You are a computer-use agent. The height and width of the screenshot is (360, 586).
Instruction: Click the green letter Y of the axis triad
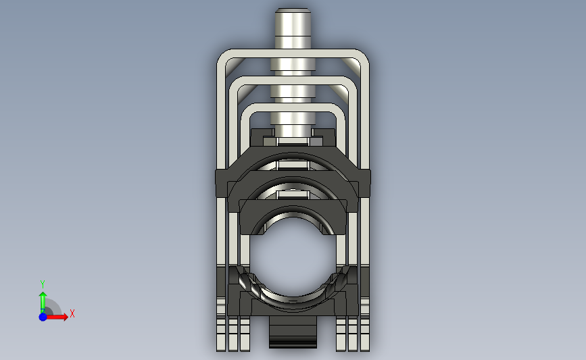click(x=42, y=284)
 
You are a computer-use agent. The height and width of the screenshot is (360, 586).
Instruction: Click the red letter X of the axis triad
click(x=72, y=313)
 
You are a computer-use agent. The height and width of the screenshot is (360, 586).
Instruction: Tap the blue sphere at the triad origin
click(x=43, y=317)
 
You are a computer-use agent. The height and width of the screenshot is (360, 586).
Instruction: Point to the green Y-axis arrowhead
click(x=43, y=296)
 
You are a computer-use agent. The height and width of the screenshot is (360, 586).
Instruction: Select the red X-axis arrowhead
click(x=64, y=317)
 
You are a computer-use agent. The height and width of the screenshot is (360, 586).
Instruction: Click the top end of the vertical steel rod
click(x=293, y=9)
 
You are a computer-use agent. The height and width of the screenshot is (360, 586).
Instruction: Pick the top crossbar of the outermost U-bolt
click(x=293, y=53)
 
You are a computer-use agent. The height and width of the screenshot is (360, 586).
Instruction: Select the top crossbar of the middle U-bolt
click(x=293, y=80)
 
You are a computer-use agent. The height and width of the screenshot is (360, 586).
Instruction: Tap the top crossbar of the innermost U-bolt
click(x=293, y=107)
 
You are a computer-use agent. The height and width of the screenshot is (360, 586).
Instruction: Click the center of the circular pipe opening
click(x=293, y=257)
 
